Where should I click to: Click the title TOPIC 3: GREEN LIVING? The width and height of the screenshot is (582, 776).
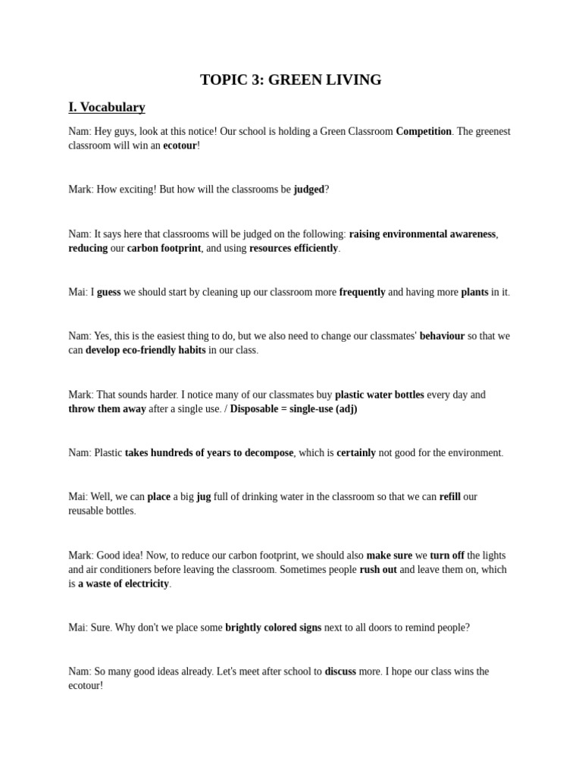[290, 80]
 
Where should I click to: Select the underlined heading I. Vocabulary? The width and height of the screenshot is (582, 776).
[107, 107]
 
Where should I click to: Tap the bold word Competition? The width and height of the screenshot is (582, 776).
[424, 131]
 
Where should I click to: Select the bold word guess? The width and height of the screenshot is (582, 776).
[108, 292]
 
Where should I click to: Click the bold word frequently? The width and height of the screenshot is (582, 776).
[362, 292]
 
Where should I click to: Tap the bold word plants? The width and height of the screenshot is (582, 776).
[474, 292]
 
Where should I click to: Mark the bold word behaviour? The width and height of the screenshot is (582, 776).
[442, 336]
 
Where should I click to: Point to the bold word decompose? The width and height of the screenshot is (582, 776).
[267, 452]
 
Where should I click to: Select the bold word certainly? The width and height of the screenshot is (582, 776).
[356, 452]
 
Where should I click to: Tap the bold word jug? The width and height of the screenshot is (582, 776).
[203, 496]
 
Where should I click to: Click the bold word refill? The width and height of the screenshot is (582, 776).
[449, 496]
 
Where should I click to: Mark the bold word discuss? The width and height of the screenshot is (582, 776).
[340, 671]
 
